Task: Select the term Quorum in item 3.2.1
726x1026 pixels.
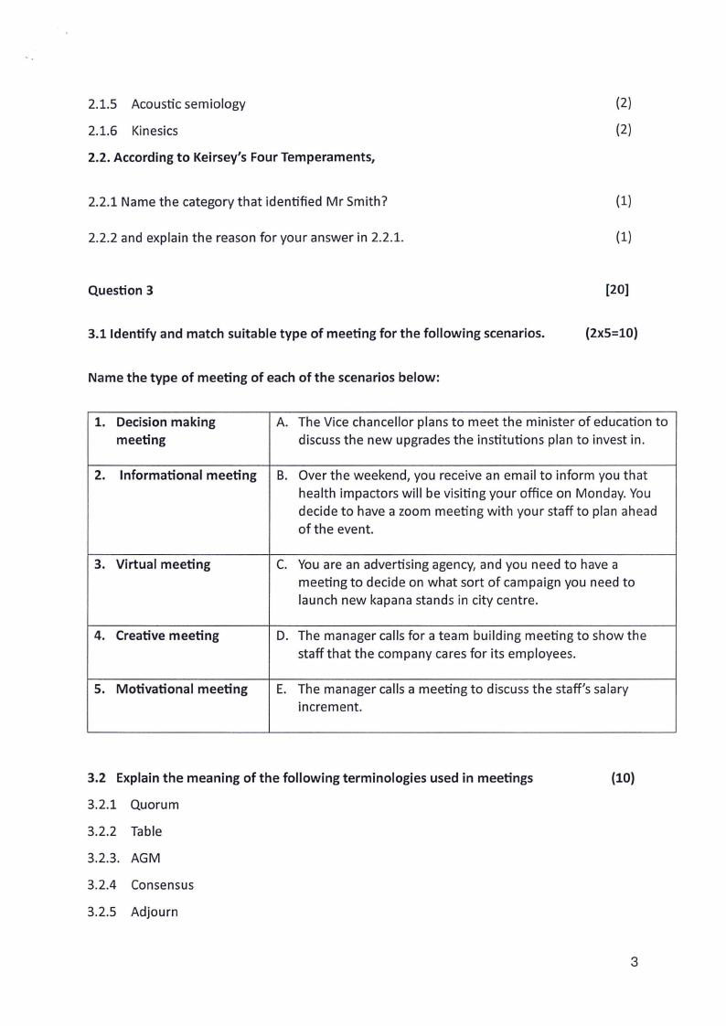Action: pyautogui.click(x=155, y=805)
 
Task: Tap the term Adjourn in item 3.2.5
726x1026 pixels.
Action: pyautogui.click(x=154, y=912)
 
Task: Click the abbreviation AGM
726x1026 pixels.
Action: pyautogui.click(x=146, y=858)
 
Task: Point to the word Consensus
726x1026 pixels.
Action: pyautogui.click(x=162, y=884)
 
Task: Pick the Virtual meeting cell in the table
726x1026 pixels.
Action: pyautogui.click(x=163, y=564)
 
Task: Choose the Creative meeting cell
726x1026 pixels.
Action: pyautogui.click(x=167, y=636)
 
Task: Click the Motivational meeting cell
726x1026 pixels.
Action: pyautogui.click(x=181, y=689)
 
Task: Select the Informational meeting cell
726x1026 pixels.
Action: pyautogui.click(x=187, y=475)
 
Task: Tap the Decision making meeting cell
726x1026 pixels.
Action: pyautogui.click(x=165, y=431)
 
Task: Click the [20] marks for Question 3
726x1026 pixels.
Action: pyautogui.click(x=617, y=290)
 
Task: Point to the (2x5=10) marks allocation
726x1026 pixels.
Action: pyautogui.click(x=611, y=333)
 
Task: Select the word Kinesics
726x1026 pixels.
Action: pyautogui.click(x=155, y=130)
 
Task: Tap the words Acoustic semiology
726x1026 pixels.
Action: pyautogui.click(x=188, y=103)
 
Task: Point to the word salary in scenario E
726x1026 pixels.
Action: pyautogui.click(x=608, y=689)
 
